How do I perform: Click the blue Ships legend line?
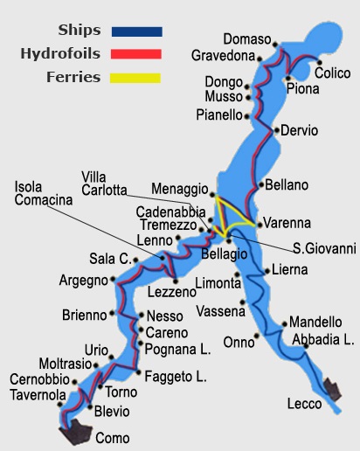pos(136,31)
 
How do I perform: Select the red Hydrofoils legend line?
pos(136,54)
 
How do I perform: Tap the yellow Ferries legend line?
pos(136,78)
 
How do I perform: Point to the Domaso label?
pos(247,39)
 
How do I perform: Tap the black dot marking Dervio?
pos(275,131)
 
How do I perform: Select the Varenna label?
pos(287,223)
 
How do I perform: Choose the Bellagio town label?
pos(225,253)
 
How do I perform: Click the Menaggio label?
pos(178,189)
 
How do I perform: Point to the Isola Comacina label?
pos(43,193)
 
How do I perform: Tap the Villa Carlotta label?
pos(104,184)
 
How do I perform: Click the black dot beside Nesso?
pos(140,316)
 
